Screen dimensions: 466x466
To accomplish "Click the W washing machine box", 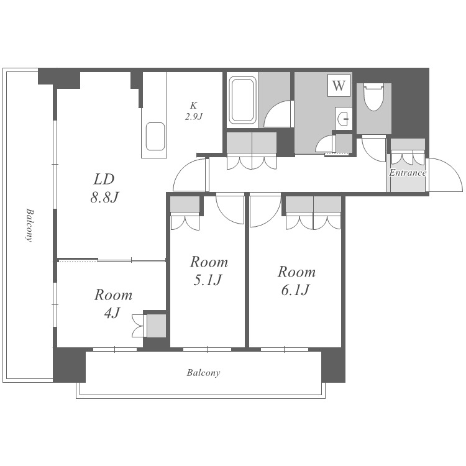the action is [x=339, y=85].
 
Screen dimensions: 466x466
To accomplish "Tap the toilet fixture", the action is [x=373, y=97].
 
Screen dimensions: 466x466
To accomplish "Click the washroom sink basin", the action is [x=344, y=119].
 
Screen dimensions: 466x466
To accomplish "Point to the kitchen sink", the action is [x=155, y=136].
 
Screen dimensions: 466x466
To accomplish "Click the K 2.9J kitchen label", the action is [x=193, y=111].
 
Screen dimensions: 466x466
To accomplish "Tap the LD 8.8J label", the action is [x=104, y=188].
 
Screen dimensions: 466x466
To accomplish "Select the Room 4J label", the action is [x=113, y=303].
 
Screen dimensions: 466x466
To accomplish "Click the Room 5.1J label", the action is [x=209, y=271].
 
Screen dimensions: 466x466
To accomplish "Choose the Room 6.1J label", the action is [x=296, y=281].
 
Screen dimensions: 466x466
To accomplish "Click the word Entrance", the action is [x=408, y=173].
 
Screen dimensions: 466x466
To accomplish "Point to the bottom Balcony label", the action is [x=203, y=373].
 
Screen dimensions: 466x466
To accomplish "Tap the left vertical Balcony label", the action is [x=29, y=226].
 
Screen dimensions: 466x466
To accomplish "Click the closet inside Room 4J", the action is [x=157, y=326].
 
